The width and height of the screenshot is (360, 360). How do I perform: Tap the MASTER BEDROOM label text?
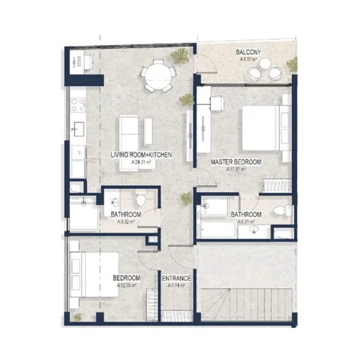click(236, 162)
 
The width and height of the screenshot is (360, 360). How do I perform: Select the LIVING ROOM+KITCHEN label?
click(142, 155)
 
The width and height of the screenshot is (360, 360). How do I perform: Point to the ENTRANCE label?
click(176, 278)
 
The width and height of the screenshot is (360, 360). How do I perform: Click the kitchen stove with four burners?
click(78, 106)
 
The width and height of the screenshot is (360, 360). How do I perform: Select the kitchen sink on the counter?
click(78, 128)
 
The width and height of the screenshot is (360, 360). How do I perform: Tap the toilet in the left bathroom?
click(141, 197)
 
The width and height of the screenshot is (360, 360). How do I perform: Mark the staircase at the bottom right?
click(247, 303)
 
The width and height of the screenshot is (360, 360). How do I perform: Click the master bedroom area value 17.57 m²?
click(236, 170)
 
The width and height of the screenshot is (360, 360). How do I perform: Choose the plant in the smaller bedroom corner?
click(76, 316)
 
